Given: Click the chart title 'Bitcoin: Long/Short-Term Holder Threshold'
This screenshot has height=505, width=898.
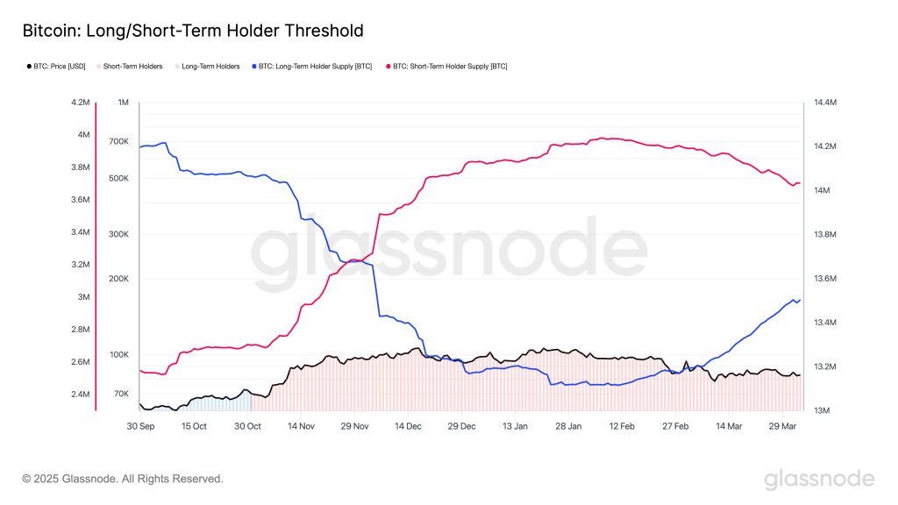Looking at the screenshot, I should tap(193, 31).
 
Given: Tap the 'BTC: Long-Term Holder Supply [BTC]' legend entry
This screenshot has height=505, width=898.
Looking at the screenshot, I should tap(317, 67).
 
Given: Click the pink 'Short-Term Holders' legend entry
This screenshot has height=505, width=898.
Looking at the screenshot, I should tap(132, 67).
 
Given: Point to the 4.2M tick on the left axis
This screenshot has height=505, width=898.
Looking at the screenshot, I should tap(81, 103).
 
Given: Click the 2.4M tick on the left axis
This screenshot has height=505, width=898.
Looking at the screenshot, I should tap(81, 395).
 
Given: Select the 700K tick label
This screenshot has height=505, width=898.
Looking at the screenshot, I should tap(118, 141).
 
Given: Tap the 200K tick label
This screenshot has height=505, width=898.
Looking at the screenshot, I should tap(118, 279).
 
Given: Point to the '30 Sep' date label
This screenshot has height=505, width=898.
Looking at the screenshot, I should tap(140, 426).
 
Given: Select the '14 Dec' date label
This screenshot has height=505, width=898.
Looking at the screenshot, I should tap(408, 426).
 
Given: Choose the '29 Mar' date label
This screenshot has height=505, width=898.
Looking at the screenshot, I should tap(782, 426).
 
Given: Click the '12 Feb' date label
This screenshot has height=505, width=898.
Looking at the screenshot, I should tap(622, 426).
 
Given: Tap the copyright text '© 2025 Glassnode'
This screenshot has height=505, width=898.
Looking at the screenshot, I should tap(123, 479).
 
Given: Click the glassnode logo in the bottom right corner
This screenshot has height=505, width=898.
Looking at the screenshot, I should tap(819, 479).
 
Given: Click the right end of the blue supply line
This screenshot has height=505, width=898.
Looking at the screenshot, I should tap(800, 301).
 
